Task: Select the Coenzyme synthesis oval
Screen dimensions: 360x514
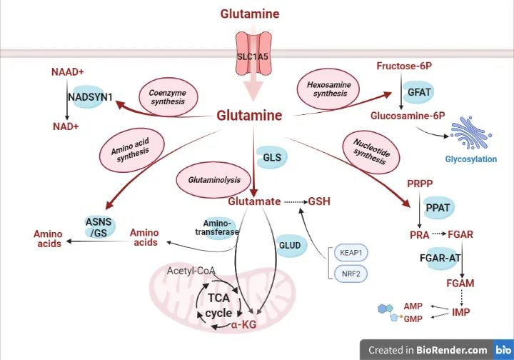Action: pos(166,96)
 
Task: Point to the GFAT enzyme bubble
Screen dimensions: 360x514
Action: pos(420,91)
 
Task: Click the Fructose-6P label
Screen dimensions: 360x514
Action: pos(403,66)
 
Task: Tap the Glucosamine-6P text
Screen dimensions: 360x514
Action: pos(407,114)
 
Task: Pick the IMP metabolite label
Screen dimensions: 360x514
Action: pos(460,312)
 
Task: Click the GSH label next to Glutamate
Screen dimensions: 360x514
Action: pos(319,201)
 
